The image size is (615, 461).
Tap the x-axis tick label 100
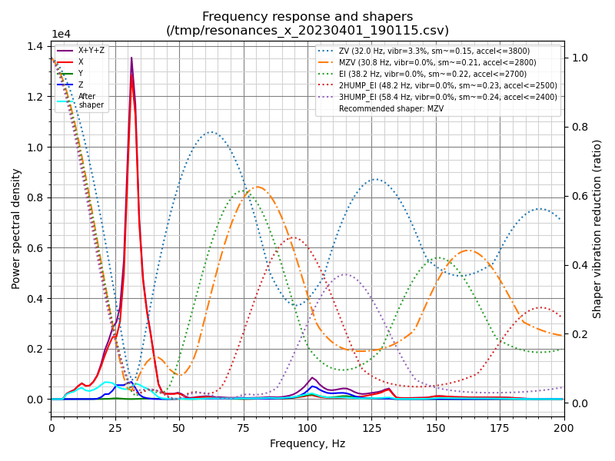pyautogui.click(x=307, y=428)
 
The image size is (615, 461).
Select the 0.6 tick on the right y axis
pyautogui.click(x=580, y=196)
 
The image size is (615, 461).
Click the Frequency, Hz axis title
pyautogui.click(x=307, y=444)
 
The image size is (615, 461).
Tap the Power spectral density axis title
pyautogui.click(x=16, y=228)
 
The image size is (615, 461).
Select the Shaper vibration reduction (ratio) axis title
pyautogui.click(x=597, y=228)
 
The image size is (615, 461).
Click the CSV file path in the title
pyautogui.click(x=307, y=31)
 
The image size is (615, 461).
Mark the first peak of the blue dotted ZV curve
pyautogui.click(x=211, y=132)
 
